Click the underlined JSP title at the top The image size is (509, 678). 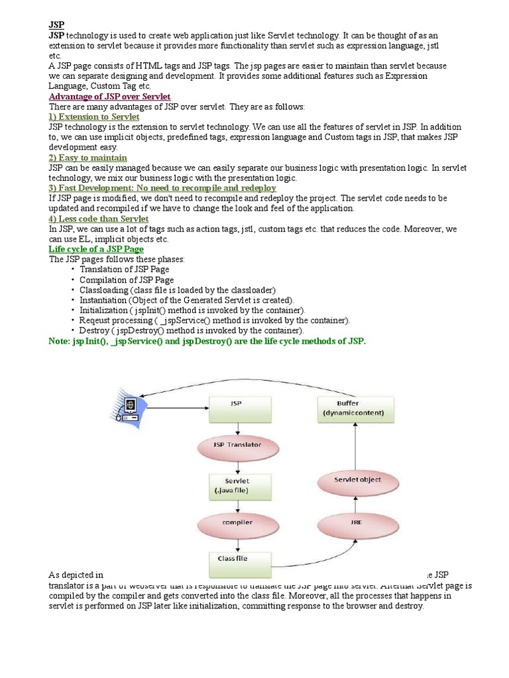pyautogui.click(x=56, y=24)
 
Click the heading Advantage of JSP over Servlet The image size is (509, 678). pyautogui.click(x=109, y=97)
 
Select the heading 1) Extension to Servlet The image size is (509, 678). pyautogui.click(x=94, y=117)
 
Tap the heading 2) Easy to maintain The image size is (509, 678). pyautogui.click(x=88, y=158)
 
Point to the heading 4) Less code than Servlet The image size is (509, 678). pyautogui.click(x=99, y=218)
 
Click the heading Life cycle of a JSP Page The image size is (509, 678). pyautogui.click(x=96, y=249)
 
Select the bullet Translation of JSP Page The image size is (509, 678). pyautogui.click(x=124, y=269)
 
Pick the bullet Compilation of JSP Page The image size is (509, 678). pyautogui.click(x=127, y=280)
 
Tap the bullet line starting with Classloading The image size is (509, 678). pyautogui.click(x=177, y=290)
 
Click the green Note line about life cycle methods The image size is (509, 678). pyautogui.click(x=207, y=340)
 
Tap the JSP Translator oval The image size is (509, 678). pyautogui.click(x=237, y=445)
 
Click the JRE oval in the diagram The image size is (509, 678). pyautogui.click(x=356, y=522)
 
